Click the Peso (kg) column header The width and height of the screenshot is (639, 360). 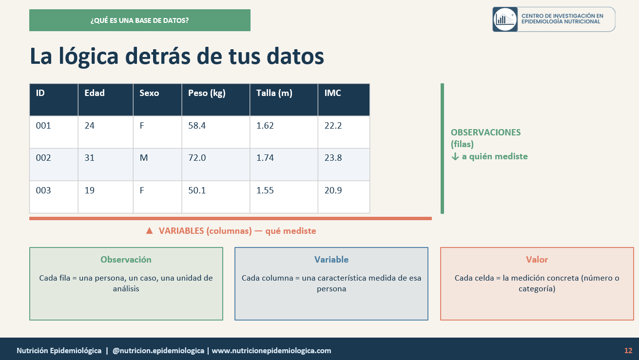(207, 93)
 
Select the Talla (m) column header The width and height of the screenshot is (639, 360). (274, 93)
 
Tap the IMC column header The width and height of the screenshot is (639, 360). (332, 93)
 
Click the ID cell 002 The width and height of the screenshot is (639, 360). (43, 158)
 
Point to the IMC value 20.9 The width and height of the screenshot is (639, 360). (333, 190)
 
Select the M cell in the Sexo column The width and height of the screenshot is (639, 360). (143, 158)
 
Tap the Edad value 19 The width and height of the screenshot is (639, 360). (89, 190)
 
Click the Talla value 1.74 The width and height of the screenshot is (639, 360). (265, 158)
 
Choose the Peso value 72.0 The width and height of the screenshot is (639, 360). (197, 158)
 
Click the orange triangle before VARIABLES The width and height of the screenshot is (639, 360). (149, 230)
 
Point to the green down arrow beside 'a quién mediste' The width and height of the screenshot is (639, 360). (455, 156)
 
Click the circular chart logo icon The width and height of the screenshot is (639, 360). (505, 19)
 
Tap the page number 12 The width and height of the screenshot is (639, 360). (628, 351)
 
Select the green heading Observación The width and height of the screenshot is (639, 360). (126, 260)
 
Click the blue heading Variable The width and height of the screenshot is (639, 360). (331, 260)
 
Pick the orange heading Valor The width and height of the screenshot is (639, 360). (537, 260)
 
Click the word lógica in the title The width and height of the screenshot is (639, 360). (88, 57)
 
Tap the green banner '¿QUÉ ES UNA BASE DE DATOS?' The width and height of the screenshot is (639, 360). (140, 20)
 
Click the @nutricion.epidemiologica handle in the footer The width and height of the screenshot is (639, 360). (158, 351)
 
